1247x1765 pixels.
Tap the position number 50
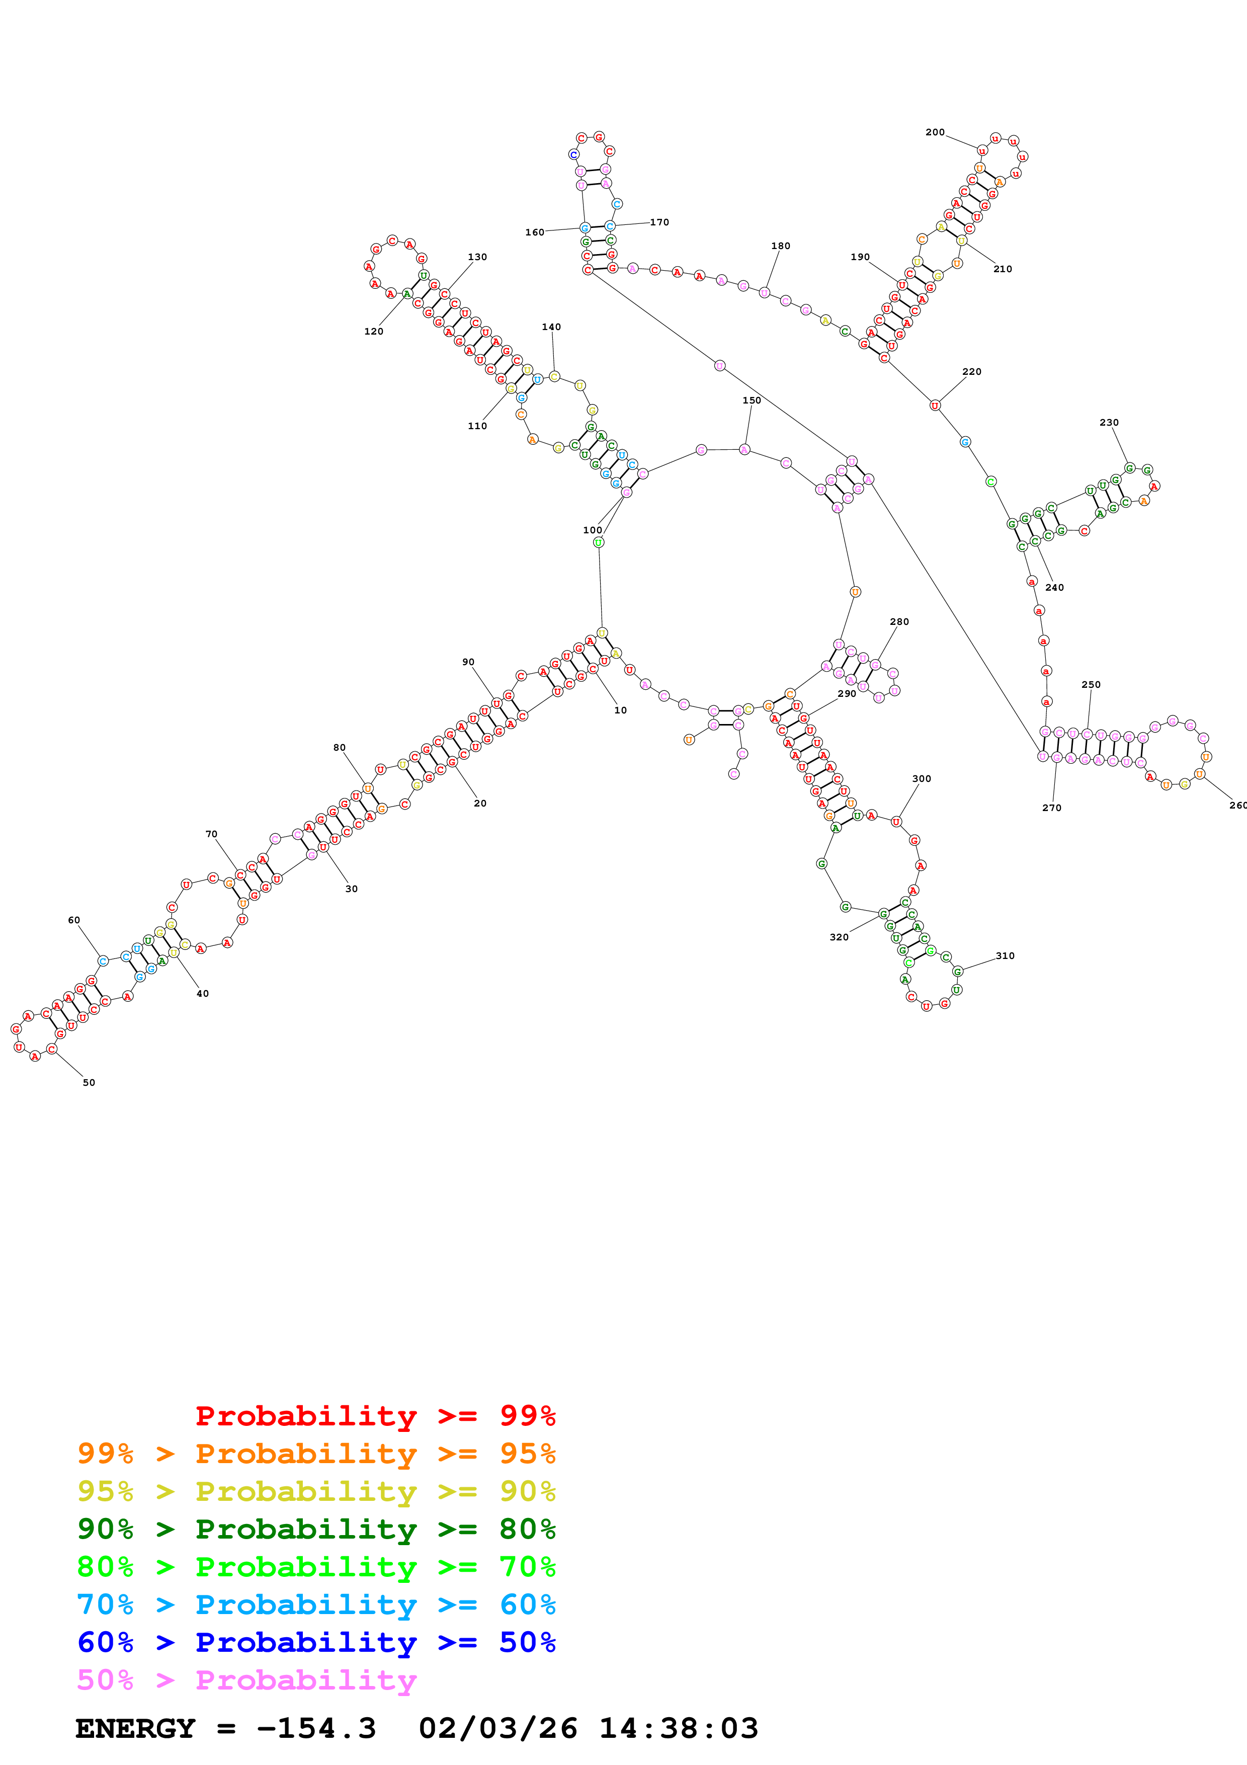89,1082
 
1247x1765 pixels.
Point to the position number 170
659,222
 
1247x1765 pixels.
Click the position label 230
1109,422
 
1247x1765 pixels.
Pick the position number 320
839,937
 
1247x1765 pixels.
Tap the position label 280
899,621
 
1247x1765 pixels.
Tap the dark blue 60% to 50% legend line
316,1642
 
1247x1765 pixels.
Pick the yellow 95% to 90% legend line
316,1491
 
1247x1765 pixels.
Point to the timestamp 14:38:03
679,1729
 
